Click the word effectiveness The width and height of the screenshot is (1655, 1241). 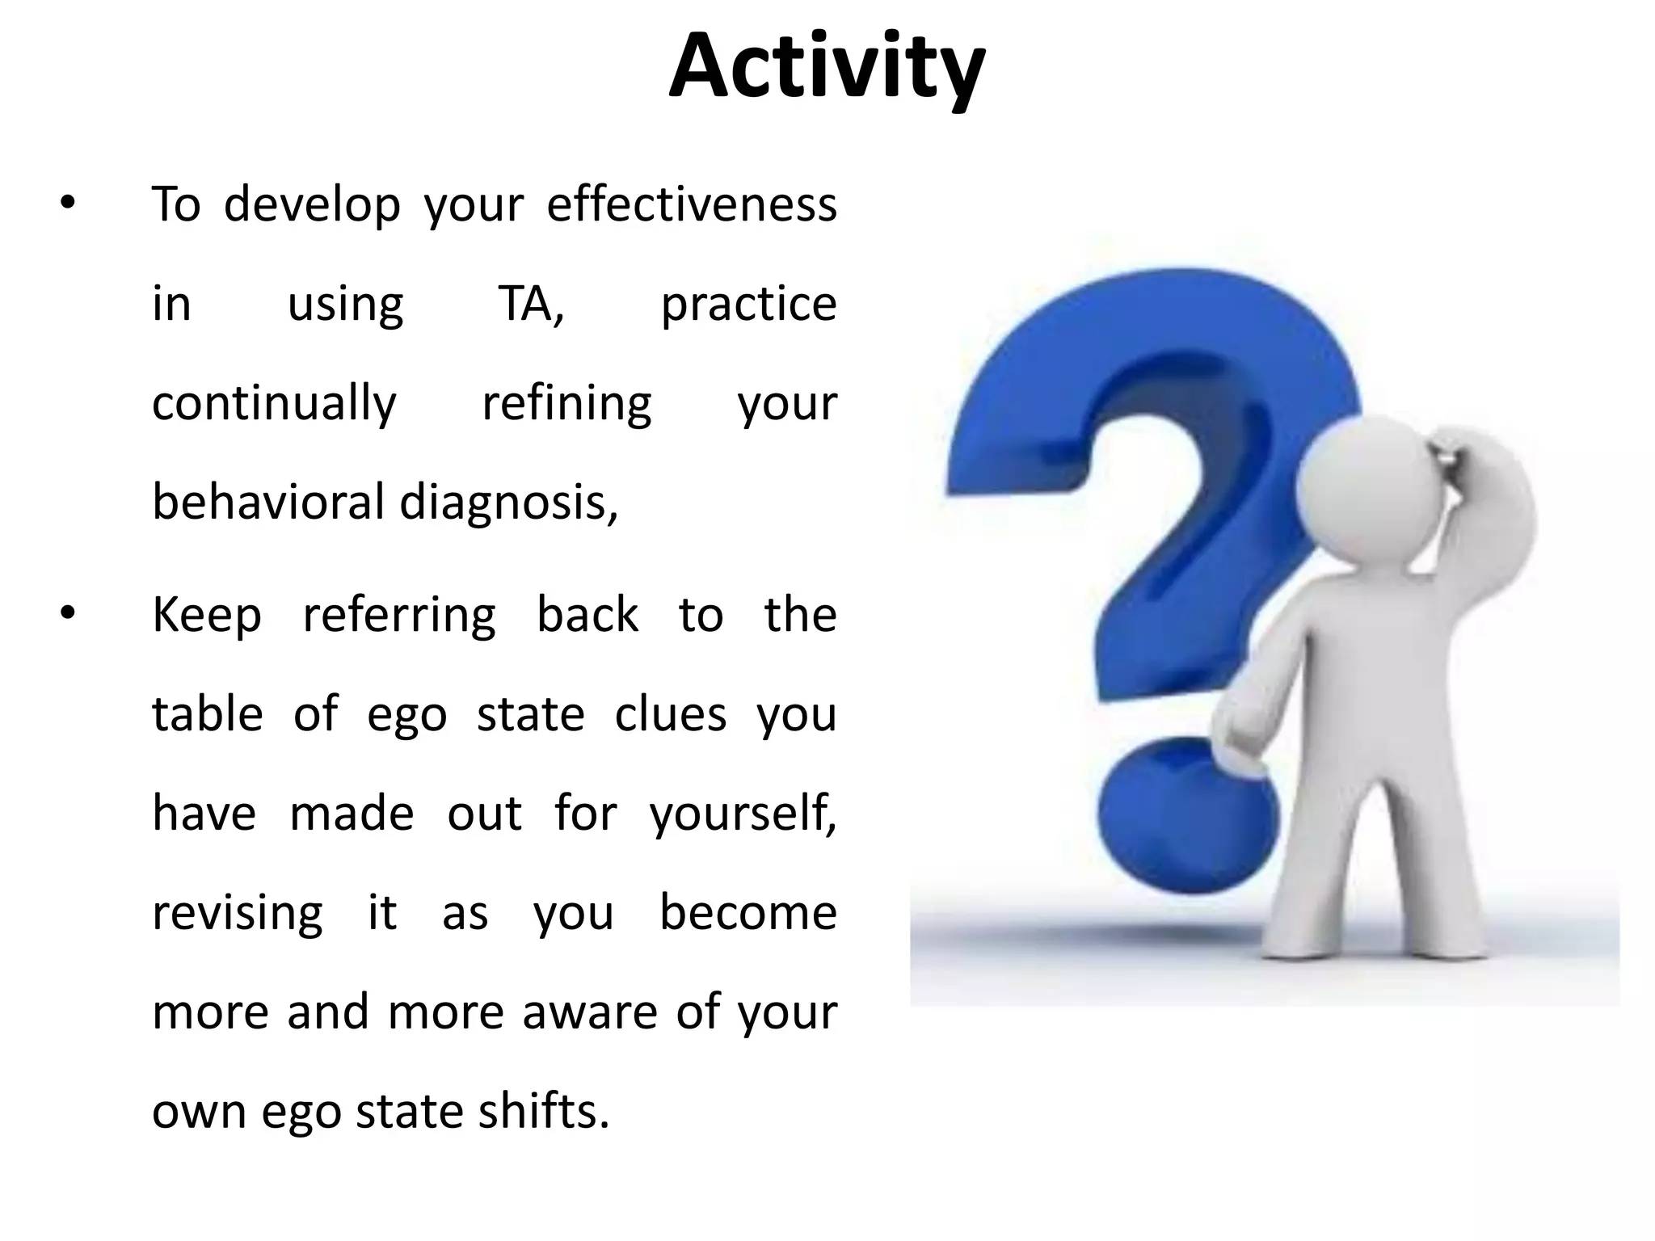[x=692, y=204]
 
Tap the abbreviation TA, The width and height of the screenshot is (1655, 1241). [x=531, y=304]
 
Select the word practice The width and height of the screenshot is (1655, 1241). [x=748, y=305]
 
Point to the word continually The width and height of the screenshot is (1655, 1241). [x=274, y=404]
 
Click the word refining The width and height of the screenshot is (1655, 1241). [x=566, y=404]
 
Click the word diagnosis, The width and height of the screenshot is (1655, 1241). [x=509, y=503]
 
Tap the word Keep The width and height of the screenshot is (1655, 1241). [x=207, y=616]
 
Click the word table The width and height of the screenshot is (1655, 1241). [x=208, y=714]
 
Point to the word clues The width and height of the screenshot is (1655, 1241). [x=671, y=714]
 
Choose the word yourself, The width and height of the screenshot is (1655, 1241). [x=743, y=814]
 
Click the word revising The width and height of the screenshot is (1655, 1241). [x=238, y=914]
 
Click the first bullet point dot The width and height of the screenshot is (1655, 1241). [x=67, y=204]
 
